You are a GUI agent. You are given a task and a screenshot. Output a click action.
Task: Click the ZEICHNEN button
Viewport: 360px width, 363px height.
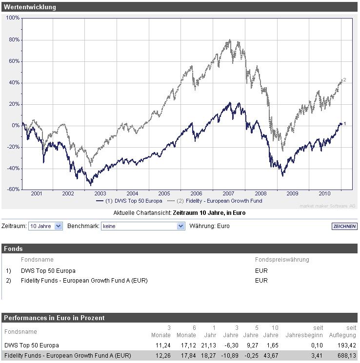coord(344,226)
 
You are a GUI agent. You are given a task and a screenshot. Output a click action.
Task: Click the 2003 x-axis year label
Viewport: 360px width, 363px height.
coord(100,193)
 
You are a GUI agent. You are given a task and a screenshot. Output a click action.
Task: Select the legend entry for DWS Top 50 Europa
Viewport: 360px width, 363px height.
coord(129,201)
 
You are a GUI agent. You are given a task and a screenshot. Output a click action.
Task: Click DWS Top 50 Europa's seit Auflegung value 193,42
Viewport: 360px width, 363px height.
coord(347,345)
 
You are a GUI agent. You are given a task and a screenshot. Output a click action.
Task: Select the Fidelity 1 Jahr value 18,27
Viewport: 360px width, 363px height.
coord(209,356)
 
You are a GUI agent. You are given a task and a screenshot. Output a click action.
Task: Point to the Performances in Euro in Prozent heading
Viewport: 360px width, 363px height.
coord(54,318)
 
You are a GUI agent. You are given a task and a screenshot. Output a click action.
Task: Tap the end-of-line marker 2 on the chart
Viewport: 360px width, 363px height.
coord(344,79)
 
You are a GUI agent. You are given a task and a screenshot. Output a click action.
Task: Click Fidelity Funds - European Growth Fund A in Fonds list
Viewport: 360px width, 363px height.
coord(84,280)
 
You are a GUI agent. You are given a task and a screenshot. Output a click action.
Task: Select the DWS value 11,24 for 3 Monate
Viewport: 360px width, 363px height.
coord(162,345)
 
